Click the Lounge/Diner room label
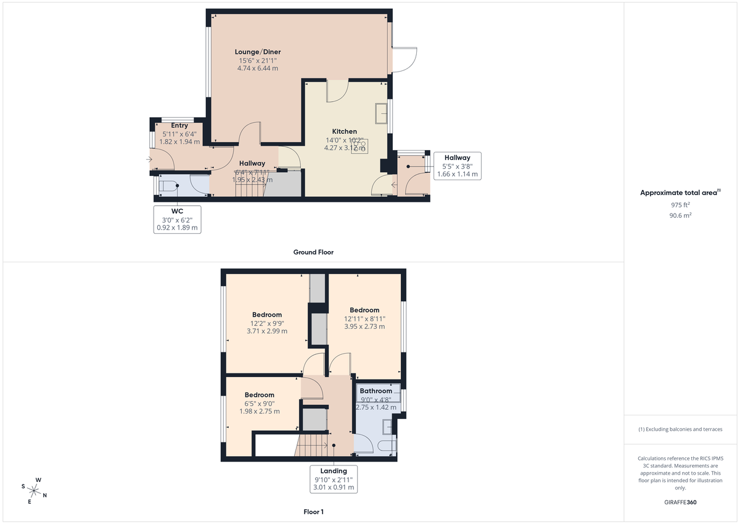pyautogui.click(x=257, y=52)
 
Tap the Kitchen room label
pyautogui.click(x=344, y=131)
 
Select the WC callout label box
pyautogui.click(x=178, y=219)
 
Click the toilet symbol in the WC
pyautogui.click(x=168, y=185)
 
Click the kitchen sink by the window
pyautogui.click(x=381, y=114)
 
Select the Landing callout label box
pyautogui.click(x=333, y=479)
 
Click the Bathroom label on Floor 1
pyautogui.click(x=376, y=391)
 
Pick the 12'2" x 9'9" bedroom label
pyautogui.click(x=266, y=315)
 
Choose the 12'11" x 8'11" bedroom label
pyautogui.click(x=364, y=310)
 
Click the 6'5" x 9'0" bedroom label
pyautogui.click(x=259, y=395)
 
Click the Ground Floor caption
pyautogui.click(x=313, y=252)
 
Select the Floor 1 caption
pyautogui.click(x=313, y=512)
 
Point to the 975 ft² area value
pyautogui.click(x=680, y=204)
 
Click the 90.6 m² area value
pyautogui.click(x=680, y=215)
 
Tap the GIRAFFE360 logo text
pyautogui.click(x=680, y=502)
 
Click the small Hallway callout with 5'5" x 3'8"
pyautogui.click(x=456, y=166)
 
